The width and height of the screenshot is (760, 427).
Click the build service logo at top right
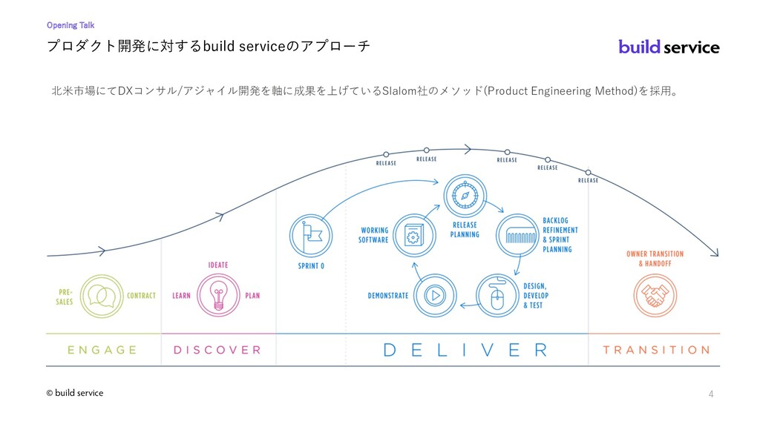coord(669,47)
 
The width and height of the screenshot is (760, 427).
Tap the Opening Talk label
coord(71,25)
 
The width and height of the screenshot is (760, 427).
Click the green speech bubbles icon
coord(102,296)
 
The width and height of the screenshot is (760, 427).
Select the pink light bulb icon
coord(219,295)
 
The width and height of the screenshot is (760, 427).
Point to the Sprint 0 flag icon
coord(311,236)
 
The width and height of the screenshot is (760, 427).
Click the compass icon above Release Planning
coord(465,196)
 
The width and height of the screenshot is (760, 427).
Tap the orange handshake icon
coord(655,295)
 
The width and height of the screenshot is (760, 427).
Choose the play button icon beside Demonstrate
coord(435,295)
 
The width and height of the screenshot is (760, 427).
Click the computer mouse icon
coord(497,295)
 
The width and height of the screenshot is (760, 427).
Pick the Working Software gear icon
coord(414,236)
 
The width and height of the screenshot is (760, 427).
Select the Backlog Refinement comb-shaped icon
coord(517,236)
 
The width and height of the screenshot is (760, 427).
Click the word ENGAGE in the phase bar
coord(102,350)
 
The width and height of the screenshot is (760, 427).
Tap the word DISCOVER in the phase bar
coord(217,350)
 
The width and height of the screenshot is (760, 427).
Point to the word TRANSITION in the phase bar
coord(657,350)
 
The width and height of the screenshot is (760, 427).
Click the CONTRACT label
coord(142,296)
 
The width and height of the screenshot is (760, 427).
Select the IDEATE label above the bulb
coord(218,265)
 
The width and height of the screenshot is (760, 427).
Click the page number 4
coord(711,394)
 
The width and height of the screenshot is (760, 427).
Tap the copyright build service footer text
coord(75,393)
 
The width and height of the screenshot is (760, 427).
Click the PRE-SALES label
coord(65,297)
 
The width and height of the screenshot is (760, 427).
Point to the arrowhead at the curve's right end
coord(715,253)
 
